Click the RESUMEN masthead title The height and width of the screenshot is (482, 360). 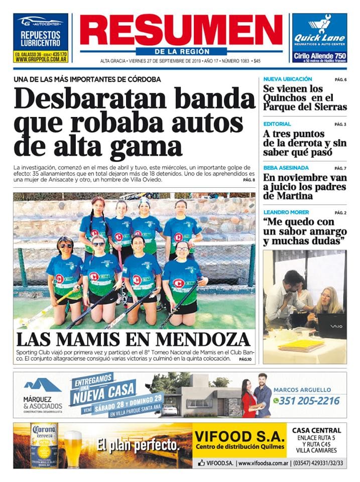[181, 30]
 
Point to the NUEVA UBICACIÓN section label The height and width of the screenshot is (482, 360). [288, 79]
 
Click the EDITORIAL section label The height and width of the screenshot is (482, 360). [277, 124]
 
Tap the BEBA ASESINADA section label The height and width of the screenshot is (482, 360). [286, 168]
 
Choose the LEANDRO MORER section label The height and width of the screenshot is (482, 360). [286, 212]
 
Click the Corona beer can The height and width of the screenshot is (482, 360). [44, 445]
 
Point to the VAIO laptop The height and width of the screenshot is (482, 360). [330, 326]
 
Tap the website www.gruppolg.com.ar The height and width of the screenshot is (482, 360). [40, 59]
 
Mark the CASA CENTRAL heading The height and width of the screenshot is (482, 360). [316, 430]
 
